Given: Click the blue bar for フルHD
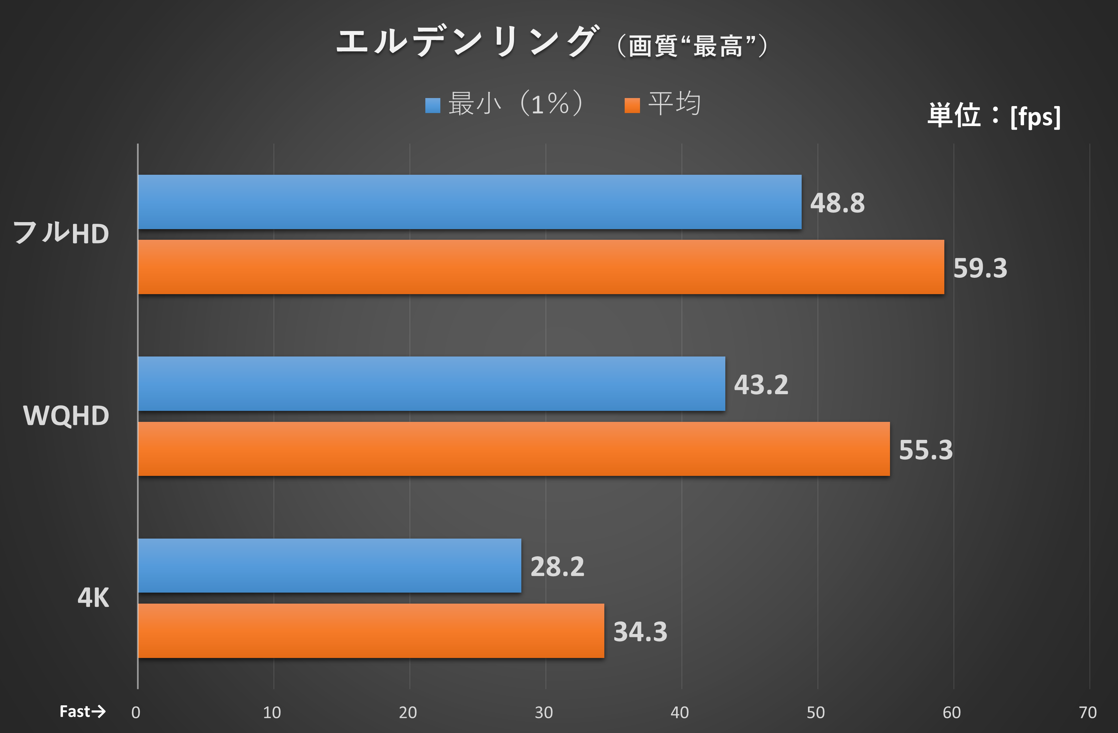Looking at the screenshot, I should pos(470,202).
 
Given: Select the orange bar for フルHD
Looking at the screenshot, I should pos(540,267).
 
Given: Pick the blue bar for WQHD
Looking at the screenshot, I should pos(431,384).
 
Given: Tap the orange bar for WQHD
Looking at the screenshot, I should pos(513,449).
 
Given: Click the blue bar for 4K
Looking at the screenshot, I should pos(329,565).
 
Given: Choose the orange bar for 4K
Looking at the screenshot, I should pos(371,631).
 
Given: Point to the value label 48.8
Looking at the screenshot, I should pos(837,203).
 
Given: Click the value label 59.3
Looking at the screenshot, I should pos(980,268).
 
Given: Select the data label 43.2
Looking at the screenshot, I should pos(761,385).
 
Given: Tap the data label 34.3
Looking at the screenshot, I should pos(640,632).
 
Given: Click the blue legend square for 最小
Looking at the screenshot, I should pos(433,105).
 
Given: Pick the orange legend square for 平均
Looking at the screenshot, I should pos(632,105).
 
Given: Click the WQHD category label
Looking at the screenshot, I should pos(66,416).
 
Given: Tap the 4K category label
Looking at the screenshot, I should pos(93,598).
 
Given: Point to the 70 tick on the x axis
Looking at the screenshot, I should pos(1087,713).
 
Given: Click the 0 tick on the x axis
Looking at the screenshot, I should pos(136,713).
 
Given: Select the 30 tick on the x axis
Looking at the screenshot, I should pos(543,713).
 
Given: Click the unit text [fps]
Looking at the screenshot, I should pos(1035,116).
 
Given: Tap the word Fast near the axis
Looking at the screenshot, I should pos(75,711).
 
